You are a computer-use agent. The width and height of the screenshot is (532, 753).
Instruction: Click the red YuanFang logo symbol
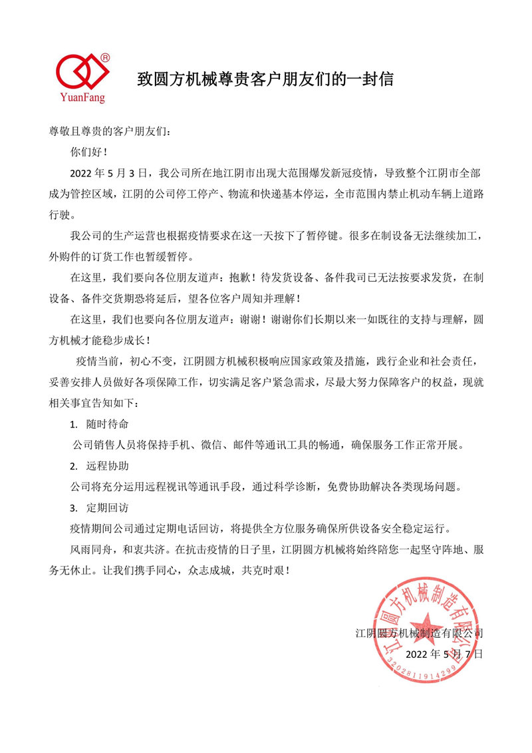(x=81, y=69)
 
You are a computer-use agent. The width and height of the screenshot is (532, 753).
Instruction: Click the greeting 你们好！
(x=92, y=151)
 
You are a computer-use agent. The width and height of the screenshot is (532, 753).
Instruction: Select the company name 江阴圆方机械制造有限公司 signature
(x=419, y=632)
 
